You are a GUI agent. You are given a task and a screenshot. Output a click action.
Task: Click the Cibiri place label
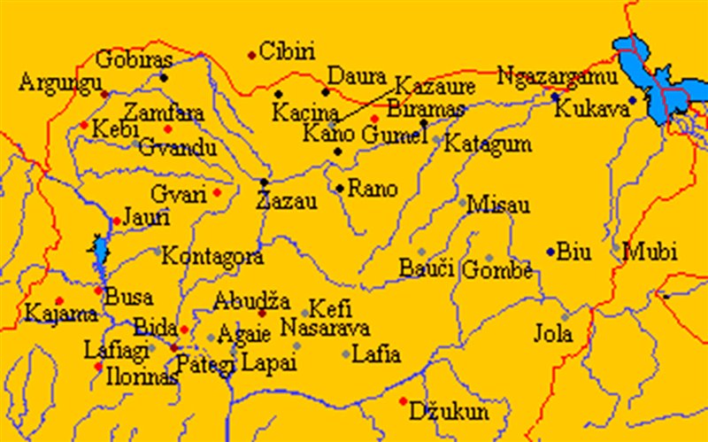point(289,51)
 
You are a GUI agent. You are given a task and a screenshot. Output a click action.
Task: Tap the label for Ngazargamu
point(556,76)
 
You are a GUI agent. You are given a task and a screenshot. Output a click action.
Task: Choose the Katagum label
point(488,143)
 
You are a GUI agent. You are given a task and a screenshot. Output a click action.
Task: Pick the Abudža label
point(246,301)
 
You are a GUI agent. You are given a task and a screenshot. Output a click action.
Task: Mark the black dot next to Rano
point(340,188)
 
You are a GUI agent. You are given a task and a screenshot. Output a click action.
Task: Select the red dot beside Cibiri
point(252,55)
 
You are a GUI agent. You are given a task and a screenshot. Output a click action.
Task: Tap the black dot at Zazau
point(264,182)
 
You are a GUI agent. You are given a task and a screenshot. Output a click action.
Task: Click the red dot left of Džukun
point(404,401)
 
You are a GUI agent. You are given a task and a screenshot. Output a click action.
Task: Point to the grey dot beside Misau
point(462,203)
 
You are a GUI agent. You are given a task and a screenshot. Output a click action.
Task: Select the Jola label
point(553,335)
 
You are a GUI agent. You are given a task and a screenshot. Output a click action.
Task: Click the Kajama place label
point(50,314)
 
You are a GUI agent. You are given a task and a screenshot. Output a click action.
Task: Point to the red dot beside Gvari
point(217,192)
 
